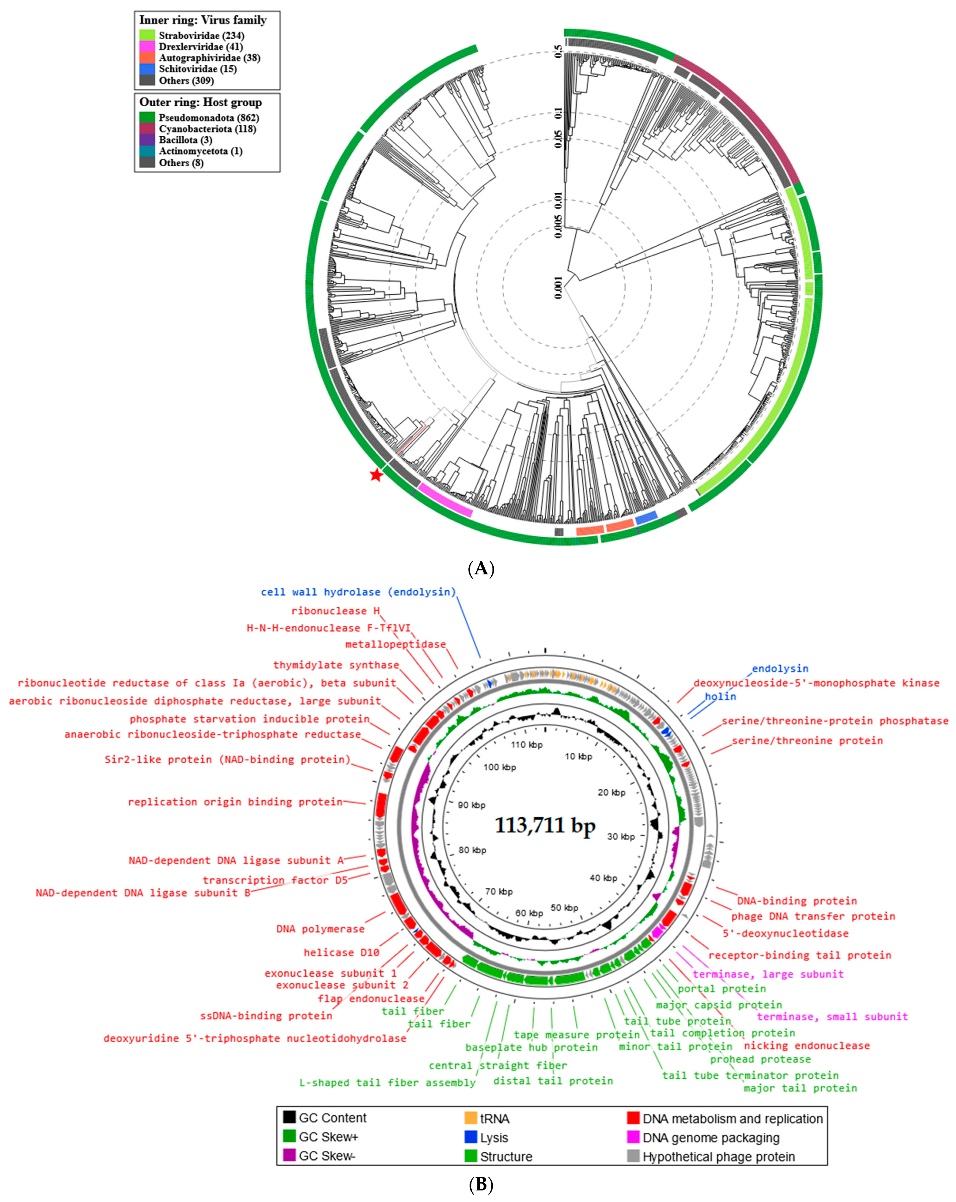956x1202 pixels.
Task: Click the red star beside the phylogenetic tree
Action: tap(377, 475)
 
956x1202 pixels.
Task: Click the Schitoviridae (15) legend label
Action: tap(197, 69)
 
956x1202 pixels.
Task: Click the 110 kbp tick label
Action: tap(527, 745)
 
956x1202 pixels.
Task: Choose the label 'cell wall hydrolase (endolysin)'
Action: tap(358, 592)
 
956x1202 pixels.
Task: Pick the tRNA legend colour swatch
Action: tap(471, 1118)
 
